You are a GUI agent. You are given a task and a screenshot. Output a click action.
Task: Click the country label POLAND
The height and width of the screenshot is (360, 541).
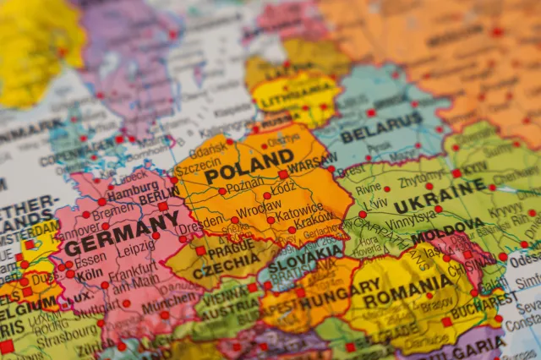tap(249, 165)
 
